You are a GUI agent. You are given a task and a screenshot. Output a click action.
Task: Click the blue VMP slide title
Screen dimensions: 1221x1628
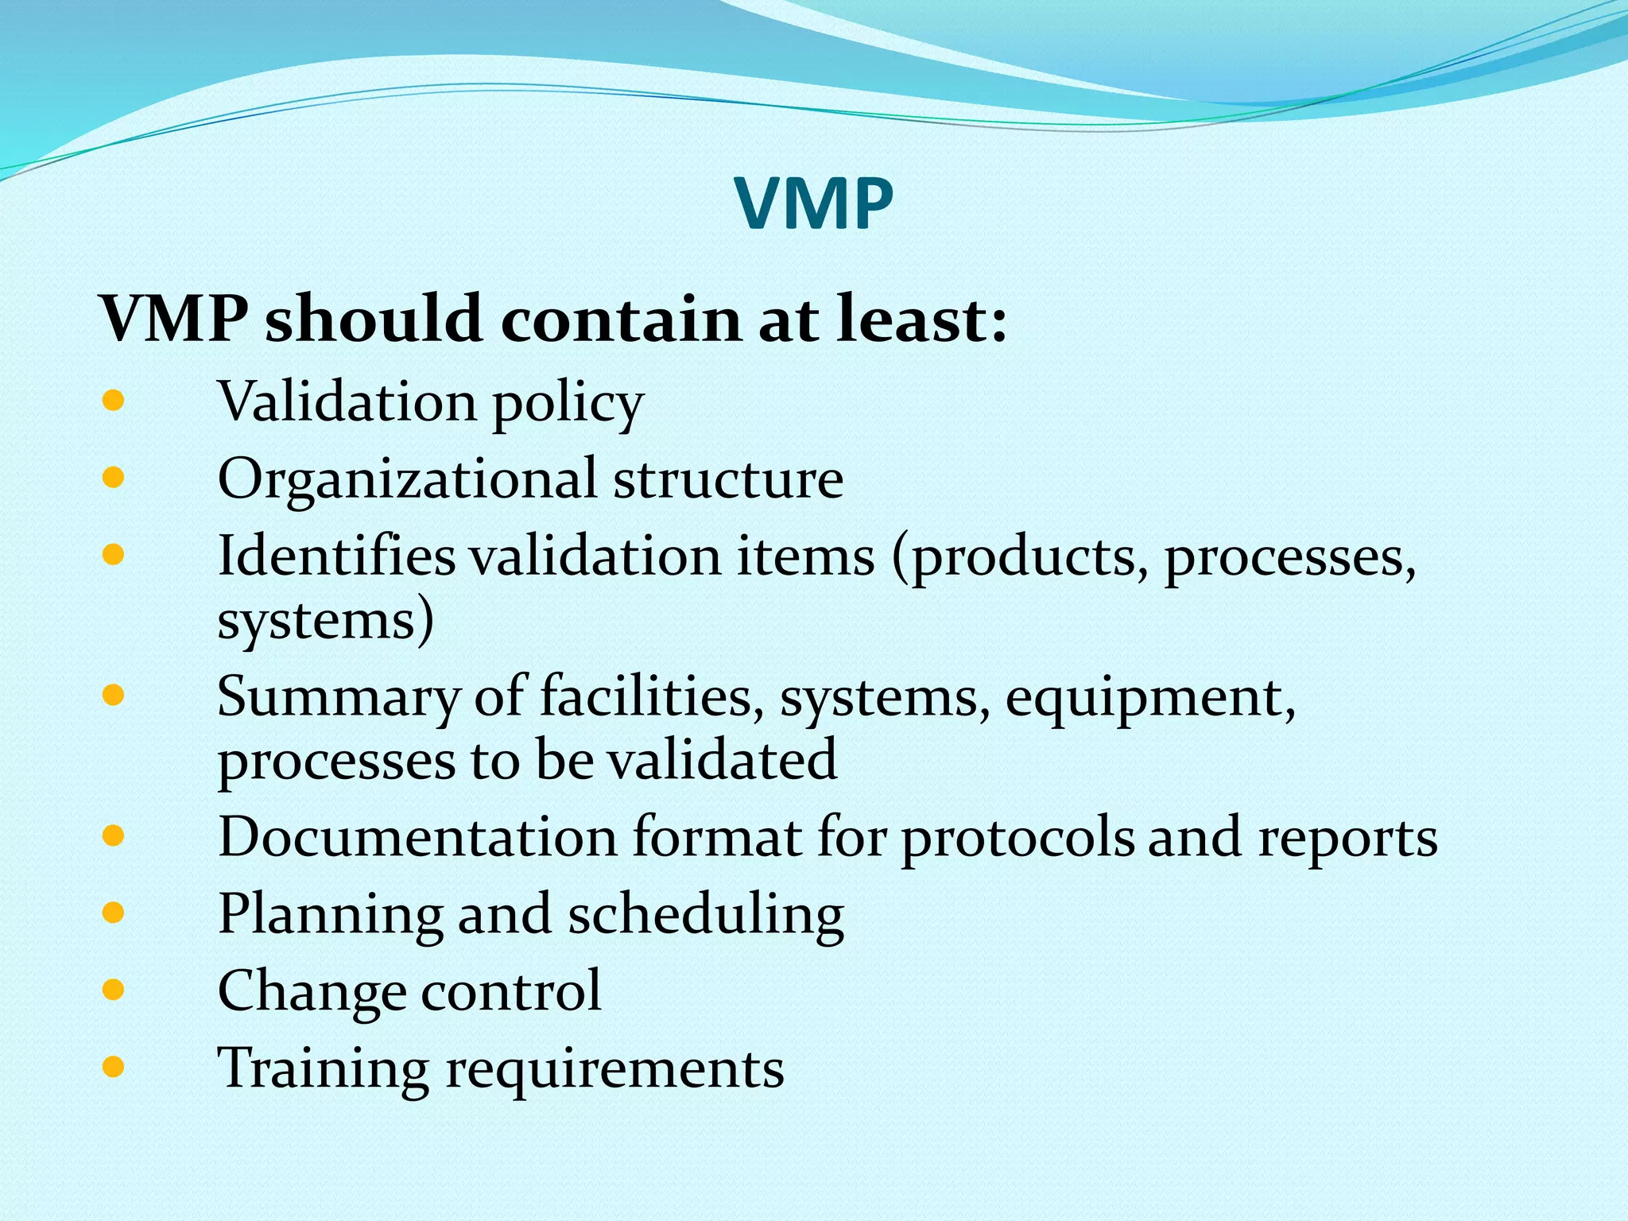click(814, 205)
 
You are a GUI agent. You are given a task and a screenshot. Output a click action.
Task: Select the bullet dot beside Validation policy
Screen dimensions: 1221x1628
click(114, 400)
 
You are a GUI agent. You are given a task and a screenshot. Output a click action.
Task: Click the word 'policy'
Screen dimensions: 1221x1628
click(568, 404)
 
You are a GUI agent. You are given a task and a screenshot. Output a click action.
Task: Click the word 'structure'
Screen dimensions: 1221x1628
click(728, 480)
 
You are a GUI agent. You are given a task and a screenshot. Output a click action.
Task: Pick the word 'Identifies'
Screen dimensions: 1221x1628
click(336, 556)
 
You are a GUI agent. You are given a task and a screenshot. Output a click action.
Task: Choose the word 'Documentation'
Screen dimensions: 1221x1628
click(417, 837)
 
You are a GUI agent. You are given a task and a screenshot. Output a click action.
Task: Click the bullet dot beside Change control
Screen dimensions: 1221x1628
click(114, 990)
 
